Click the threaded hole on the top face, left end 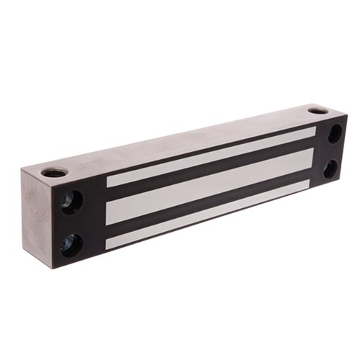55,172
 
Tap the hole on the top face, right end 318,112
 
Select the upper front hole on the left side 70,201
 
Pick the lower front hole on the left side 71,243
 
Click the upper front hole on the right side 336,133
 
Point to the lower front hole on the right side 330,168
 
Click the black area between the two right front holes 333,151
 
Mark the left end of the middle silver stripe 112,210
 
